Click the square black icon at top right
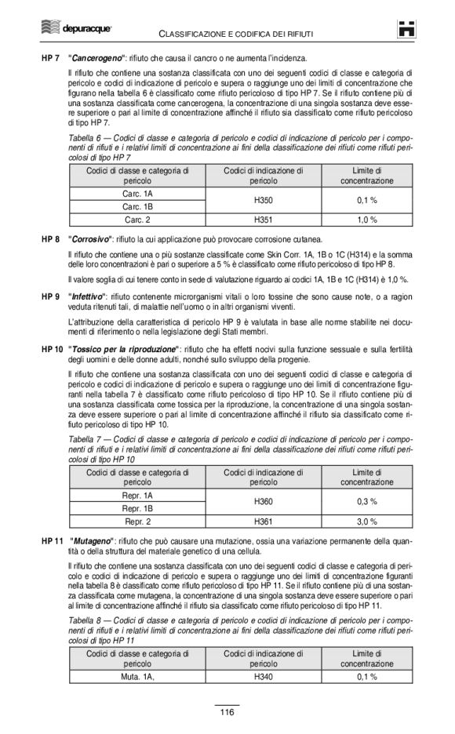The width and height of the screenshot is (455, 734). tap(406, 29)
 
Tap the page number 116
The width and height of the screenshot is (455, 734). tap(227, 712)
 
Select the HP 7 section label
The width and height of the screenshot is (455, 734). tap(51, 59)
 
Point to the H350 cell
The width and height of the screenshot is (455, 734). tap(264, 200)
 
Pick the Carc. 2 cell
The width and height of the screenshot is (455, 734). tap(137, 220)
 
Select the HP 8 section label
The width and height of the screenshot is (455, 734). tap(51, 238)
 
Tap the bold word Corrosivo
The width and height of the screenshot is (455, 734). tap(90, 238)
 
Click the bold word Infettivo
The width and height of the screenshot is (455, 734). tap(89, 296)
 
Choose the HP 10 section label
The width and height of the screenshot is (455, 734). tap(53, 348)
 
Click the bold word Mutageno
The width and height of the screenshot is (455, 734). tap(92, 541)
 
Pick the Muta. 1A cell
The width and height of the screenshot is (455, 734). tap(137, 676)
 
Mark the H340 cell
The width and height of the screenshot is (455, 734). tap(264, 676)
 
